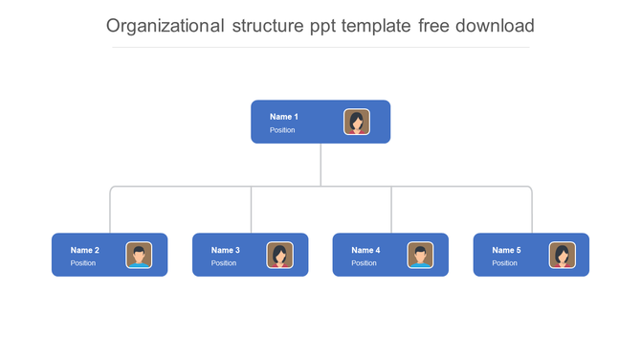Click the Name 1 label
[x=284, y=117]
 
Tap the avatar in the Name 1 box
[x=357, y=122]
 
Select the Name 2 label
[x=85, y=250]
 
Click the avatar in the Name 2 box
[x=139, y=255]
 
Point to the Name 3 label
[x=226, y=250]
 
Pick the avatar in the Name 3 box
[x=279, y=255]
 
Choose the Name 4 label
[x=365, y=250]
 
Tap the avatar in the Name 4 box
[x=420, y=255]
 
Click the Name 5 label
[x=506, y=250]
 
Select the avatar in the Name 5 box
[x=562, y=255]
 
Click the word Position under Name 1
[x=282, y=130]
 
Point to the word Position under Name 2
[x=83, y=263]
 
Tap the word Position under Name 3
[x=224, y=263]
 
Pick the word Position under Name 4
[x=364, y=263]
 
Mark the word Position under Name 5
[x=504, y=263]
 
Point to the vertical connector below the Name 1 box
[x=320, y=165]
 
